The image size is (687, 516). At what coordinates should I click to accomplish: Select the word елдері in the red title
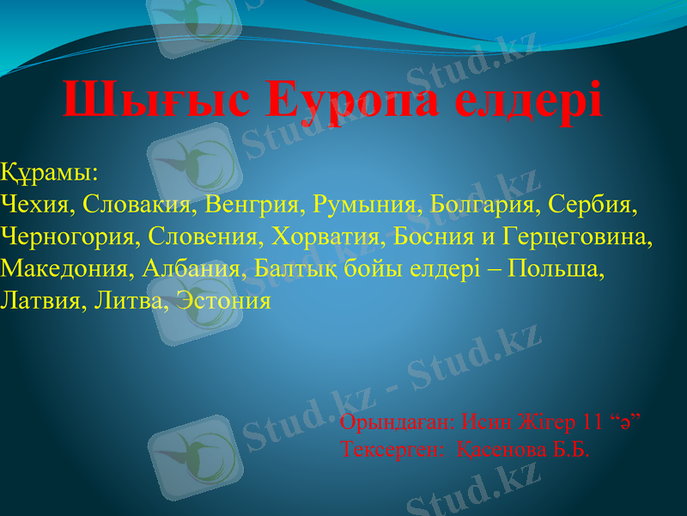pyautogui.click(x=527, y=101)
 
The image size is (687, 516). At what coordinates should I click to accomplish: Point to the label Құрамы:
pyautogui.click(x=50, y=172)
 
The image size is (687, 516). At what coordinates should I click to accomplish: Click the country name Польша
pyautogui.click(x=556, y=268)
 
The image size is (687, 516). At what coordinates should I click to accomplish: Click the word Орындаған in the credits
pyautogui.click(x=397, y=422)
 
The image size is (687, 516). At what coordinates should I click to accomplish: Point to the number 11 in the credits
pyautogui.click(x=593, y=422)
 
